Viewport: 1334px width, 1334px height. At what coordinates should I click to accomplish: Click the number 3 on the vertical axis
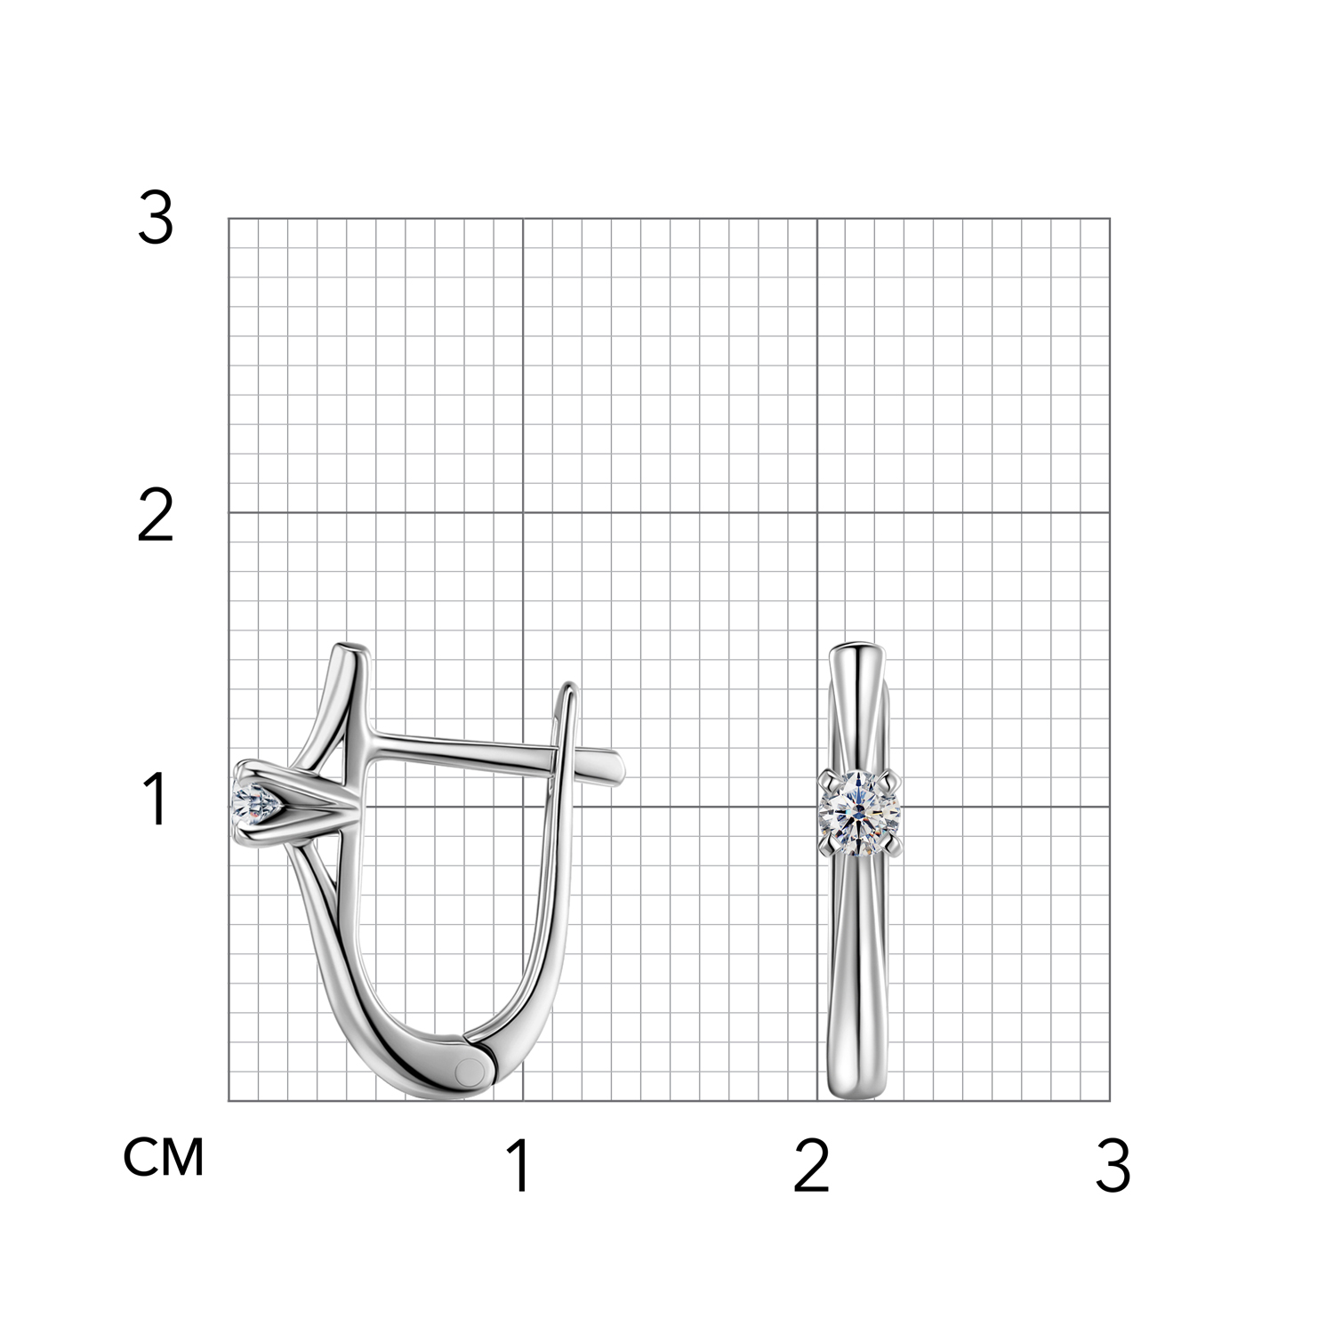[x=156, y=219]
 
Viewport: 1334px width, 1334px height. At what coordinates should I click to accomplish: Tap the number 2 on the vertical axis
[x=156, y=517]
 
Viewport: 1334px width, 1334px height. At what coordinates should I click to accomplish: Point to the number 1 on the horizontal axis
[x=520, y=1167]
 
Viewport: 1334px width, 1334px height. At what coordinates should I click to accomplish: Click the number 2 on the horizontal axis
[x=811, y=1167]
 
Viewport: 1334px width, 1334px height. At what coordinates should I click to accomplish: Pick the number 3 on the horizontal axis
[x=1113, y=1167]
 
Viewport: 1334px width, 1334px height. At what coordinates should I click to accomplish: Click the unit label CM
[x=164, y=1158]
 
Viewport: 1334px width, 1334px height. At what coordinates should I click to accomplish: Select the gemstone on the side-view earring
[x=257, y=805]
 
